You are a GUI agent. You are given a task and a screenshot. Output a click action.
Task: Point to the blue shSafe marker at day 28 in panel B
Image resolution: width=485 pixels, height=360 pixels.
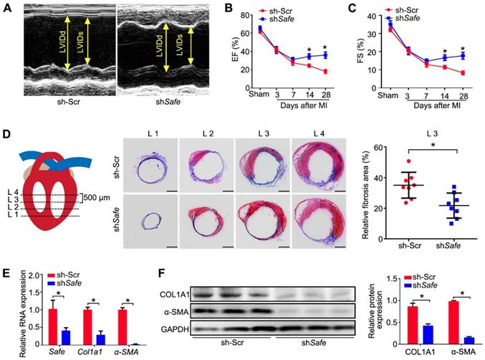[325, 55]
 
